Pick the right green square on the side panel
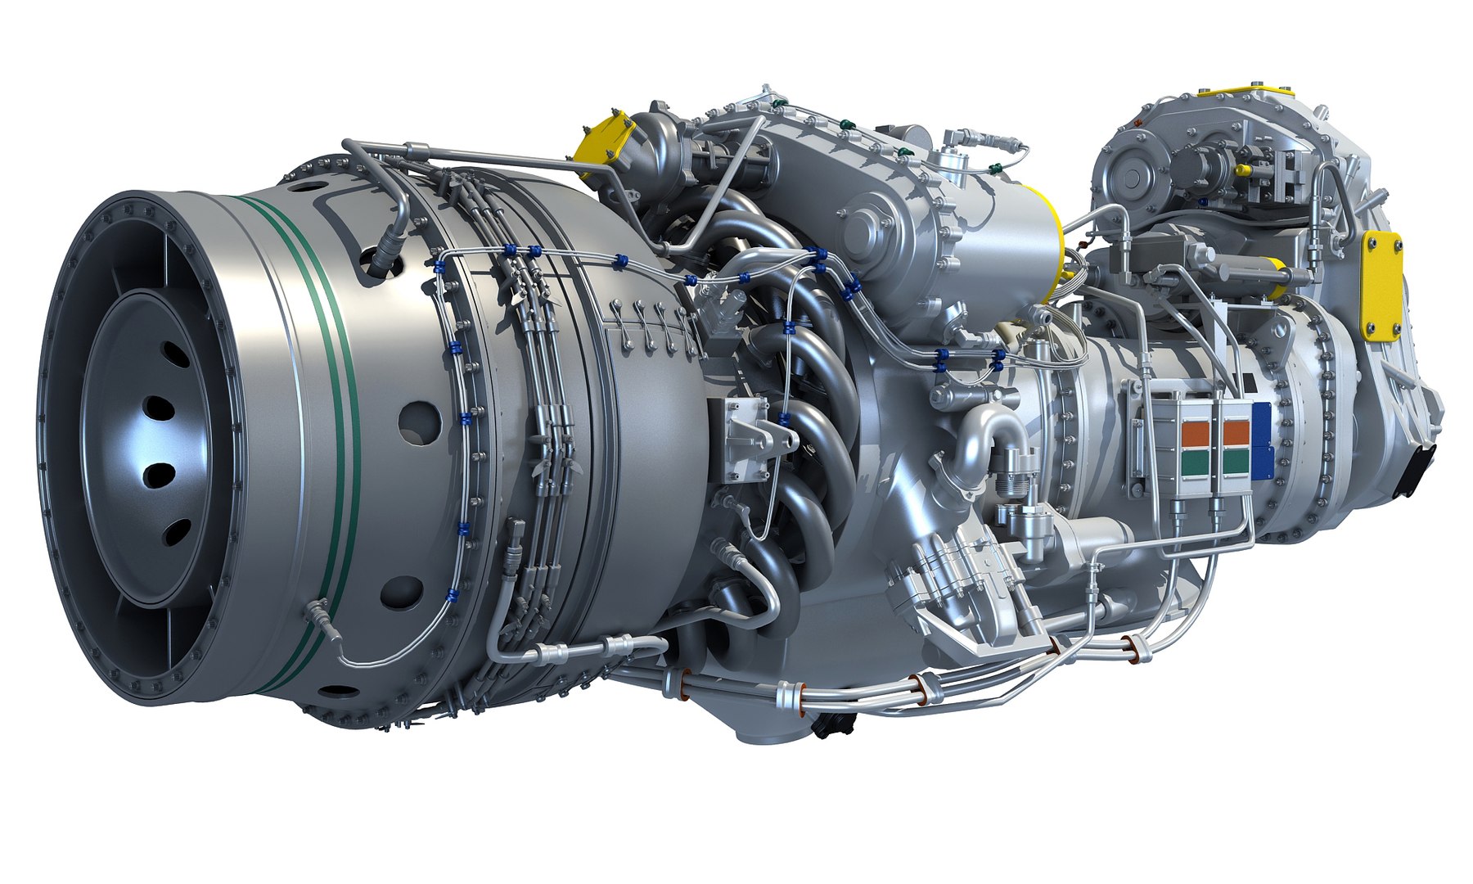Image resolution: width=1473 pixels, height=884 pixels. click(x=1236, y=462)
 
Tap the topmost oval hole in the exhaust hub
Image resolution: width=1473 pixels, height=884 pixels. click(x=174, y=354)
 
